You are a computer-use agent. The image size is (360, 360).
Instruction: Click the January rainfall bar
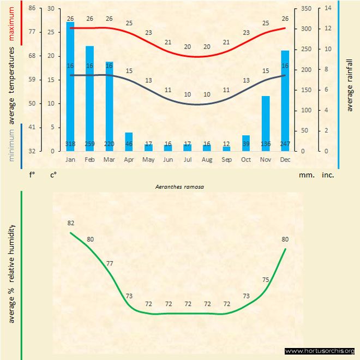click(70, 82)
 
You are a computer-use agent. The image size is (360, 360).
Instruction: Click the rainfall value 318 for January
click(70, 144)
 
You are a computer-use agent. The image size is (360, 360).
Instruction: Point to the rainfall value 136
click(266, 144)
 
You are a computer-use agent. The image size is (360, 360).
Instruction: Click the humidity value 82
click(71, 223)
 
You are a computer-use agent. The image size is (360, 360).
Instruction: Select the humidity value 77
click(110, 263)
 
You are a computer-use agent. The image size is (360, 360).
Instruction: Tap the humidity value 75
click(266, 280)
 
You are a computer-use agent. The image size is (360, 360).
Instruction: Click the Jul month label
click(188, 160)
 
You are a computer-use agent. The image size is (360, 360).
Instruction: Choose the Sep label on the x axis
click(226, 160)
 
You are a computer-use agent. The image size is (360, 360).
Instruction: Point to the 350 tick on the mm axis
click(305, 9)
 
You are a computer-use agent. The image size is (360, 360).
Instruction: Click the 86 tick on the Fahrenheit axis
click(32, 9)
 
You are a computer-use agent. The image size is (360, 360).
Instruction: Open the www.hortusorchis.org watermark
click(320, 351)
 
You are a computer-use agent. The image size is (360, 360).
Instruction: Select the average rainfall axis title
click(350, 84)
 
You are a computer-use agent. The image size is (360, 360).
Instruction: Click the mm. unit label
click(305, 176)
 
